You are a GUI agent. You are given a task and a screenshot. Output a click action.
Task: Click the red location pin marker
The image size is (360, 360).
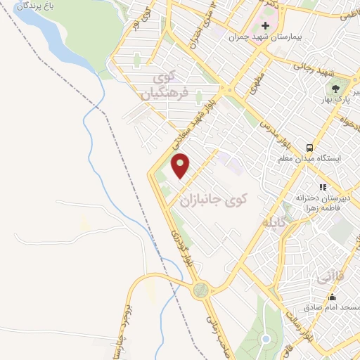click(181, 165)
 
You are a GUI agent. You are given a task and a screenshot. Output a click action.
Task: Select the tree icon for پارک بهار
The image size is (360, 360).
click(335, 90)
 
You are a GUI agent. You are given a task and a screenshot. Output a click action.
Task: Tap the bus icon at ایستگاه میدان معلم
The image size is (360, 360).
click(309, 148)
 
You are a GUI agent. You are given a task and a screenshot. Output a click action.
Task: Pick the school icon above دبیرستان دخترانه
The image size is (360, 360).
click(323, 187)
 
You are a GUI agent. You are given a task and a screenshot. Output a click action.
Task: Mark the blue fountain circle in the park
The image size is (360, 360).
click(266, 340)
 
